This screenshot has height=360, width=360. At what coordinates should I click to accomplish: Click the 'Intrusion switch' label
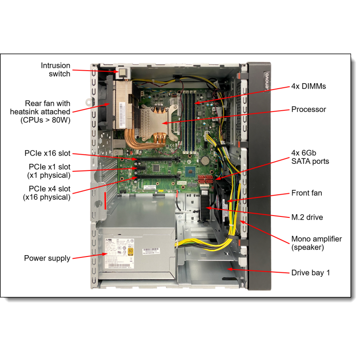(55, 69)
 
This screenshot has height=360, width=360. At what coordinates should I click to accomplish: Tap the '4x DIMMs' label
(308, 86)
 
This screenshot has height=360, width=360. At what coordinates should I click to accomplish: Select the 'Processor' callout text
(309, 109)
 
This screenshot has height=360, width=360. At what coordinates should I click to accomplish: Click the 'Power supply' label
(47, 258)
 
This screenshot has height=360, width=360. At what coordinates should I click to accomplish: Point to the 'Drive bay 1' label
(310, 272)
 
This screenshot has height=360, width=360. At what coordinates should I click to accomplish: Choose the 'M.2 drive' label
(307, 217)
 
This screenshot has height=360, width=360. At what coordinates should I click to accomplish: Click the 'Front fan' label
(307, 193)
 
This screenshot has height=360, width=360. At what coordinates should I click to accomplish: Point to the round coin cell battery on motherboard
(205, 159)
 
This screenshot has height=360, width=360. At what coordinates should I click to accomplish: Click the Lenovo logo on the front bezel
(265, 81)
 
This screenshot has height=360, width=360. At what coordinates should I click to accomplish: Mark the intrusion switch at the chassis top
(121, 72)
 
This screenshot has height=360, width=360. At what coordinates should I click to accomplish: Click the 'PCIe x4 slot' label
(49, 192)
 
